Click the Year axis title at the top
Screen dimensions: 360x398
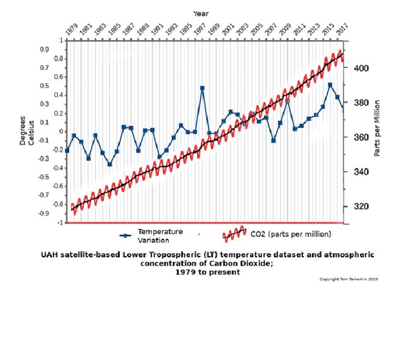[x=200, y=12]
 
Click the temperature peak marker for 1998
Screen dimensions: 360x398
[x=202, y=88]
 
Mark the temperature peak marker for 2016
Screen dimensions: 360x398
[x=330, y=85]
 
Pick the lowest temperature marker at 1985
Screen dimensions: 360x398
[x=110, y=164]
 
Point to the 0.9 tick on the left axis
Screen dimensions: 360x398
[x=44, y=50]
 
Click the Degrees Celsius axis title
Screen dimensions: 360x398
[x=26, y=131]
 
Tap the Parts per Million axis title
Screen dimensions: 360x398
[x=378, y=131]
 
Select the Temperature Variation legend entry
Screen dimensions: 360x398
[x=159, y=235]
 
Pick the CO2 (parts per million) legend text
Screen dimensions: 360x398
[x=290, y=234]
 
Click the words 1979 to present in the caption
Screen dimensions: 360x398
[x=207, y=272]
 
